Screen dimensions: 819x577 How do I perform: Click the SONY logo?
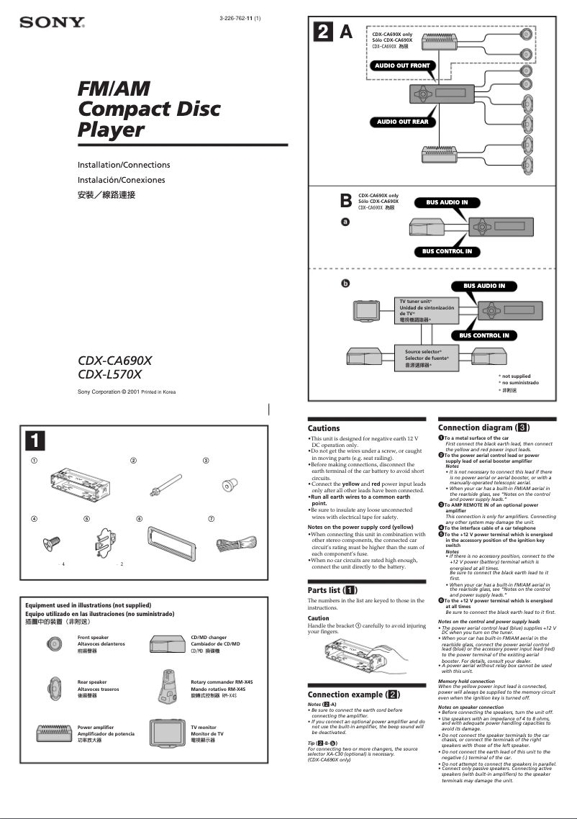(52, 23)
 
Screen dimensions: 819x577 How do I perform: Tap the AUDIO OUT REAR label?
(402, 122)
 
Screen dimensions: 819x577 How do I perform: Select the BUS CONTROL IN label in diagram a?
(447, 251)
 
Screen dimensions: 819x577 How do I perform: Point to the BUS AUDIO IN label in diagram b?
(483, 286)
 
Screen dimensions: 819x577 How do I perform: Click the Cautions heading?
(323, 428)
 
